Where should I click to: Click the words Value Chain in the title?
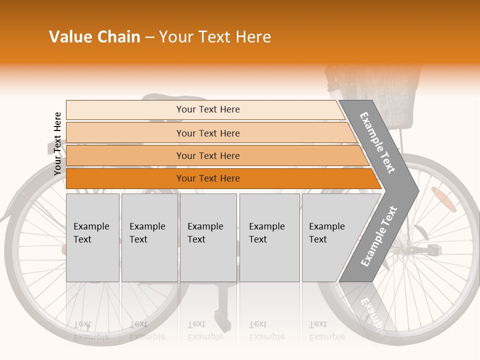click(94, 37)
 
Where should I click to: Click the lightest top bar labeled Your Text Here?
click(207, 109)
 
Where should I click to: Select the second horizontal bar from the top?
click(207, 133)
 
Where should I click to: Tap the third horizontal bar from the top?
click(207, 156)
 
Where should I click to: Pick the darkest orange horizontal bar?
click(207, 178)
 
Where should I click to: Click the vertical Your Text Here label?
click(57, 143)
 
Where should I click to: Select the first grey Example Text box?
click(92, 237)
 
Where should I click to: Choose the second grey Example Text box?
click(149, 237)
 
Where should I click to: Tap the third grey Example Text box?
click(208, 237)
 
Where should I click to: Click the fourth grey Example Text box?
click(269, 237)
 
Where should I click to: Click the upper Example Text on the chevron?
click(378, 142)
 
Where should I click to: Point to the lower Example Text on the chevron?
click(379, 236)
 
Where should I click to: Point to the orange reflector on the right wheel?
click(443, 196)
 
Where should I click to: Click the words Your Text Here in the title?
click(215, 37)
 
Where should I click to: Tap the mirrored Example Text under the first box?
click(91, 330)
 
